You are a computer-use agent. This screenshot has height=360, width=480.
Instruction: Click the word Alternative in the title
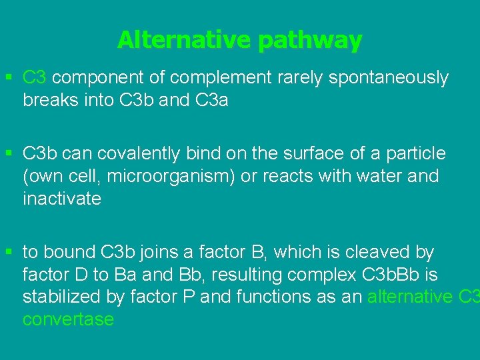coord(185,41)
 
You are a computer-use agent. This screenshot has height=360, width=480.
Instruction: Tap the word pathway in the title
coord(310,41)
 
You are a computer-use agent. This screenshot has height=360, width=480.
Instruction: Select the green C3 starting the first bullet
coord(35,78)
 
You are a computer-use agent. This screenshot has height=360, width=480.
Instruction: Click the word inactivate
coord(62,199)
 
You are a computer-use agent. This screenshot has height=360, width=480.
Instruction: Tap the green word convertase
coord(68,319)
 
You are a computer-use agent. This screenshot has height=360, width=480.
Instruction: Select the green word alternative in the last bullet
coord(411,297)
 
